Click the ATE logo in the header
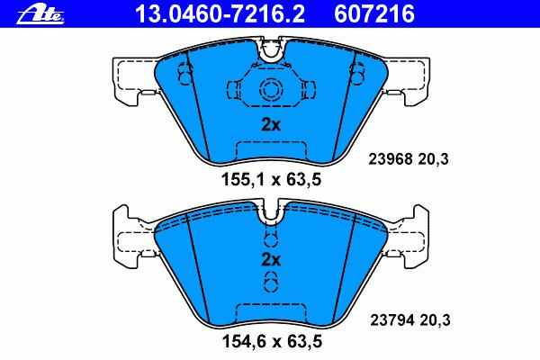(40, 15)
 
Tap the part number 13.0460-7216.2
(220, 13)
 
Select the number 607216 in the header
(374, 13)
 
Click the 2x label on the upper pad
(271, 125)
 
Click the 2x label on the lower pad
(271, 260)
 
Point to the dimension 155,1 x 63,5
(272, 180)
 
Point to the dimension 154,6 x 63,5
(272, 341)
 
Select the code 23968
(391, 159)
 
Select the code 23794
(391, 320)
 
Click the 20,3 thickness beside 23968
(433, 159)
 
